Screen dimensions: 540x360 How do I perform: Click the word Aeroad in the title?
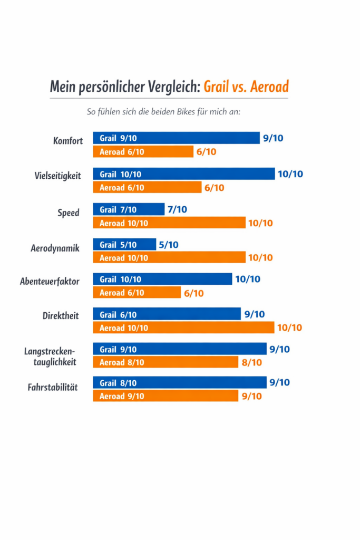267,86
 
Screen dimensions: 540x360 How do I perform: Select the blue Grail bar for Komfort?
176,138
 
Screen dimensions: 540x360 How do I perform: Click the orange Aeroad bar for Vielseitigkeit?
147,187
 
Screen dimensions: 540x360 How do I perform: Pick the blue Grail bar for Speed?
129,209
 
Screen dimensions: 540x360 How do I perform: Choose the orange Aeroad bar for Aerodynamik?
169,258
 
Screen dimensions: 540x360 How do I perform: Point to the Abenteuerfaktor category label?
50,282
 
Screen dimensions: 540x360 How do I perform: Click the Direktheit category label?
61,316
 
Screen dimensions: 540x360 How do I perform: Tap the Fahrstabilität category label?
53,388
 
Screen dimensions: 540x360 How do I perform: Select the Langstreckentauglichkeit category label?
51,356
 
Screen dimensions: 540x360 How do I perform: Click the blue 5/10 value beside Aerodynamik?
168,245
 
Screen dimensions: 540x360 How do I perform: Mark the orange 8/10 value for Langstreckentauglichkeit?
251,362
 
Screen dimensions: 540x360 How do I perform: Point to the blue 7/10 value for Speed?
177,209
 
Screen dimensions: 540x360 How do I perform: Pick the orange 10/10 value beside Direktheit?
289,327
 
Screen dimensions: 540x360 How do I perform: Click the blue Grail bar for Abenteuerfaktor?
162,279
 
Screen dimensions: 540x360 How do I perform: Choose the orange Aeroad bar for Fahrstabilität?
166,396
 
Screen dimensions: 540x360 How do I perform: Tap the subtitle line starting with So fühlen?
163,112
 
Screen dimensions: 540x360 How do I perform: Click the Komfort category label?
68,141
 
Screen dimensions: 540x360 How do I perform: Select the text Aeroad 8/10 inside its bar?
122,362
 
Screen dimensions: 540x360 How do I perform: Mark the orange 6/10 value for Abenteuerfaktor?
193,293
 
